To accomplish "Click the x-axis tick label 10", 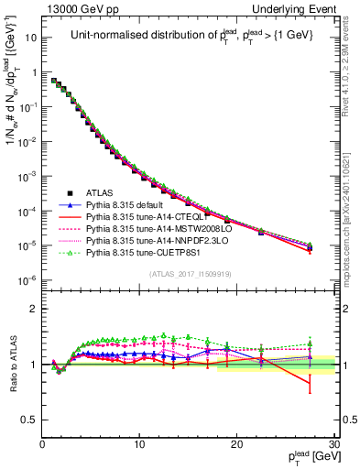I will [x=139, y=445].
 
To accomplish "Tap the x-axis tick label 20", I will [x=236, y=445].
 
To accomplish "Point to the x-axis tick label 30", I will [x=333, y=445].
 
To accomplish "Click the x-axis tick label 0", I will [x=42, y=445].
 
